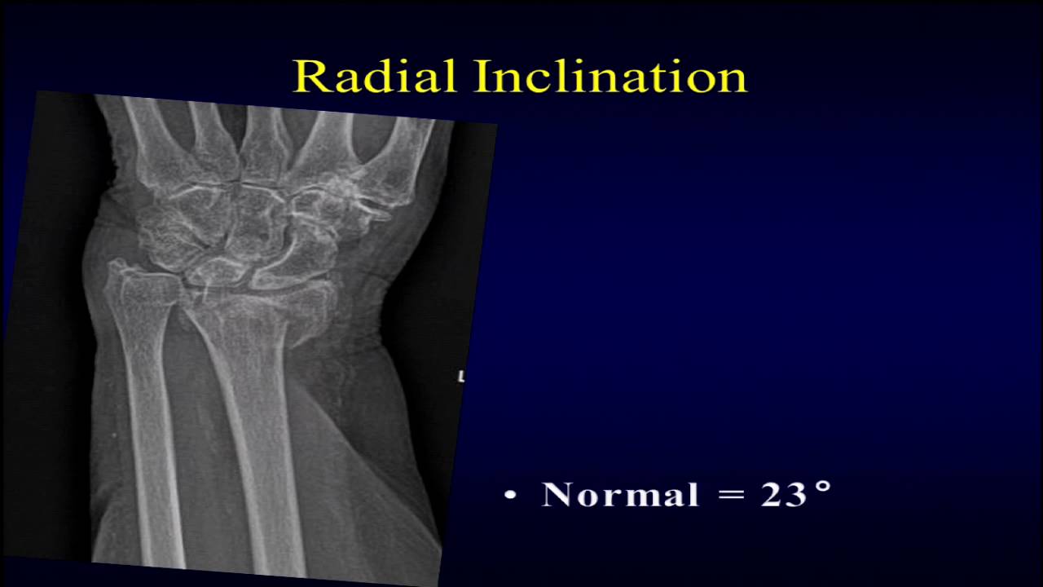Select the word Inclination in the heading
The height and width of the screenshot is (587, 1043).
pos(610,76)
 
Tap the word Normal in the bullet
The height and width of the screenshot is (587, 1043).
pos(620,495)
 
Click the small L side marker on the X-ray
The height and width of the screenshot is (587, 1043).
pos(461,377)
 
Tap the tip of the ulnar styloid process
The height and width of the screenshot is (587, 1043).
pos(117,265)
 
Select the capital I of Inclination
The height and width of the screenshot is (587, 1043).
pos(481,76)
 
